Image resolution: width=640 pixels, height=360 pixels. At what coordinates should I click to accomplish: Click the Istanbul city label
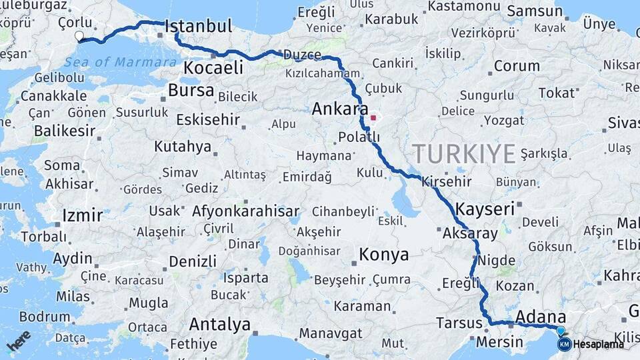[x=199, y=27]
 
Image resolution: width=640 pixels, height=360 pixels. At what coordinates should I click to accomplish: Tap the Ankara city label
[x=340, y=109]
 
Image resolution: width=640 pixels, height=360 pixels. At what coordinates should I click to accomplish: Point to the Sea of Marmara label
[x=120, y=62]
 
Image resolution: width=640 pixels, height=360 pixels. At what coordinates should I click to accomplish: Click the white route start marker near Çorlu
[x=80, y=36]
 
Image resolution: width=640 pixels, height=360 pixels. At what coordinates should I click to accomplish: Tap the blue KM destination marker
[x=564, y=344]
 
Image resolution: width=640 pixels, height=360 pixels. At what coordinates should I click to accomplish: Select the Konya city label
[x=383, y=254]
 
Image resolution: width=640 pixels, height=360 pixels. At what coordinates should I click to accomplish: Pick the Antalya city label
[x=219, y=325]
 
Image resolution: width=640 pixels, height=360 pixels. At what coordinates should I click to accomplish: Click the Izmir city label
[x=82, y=215]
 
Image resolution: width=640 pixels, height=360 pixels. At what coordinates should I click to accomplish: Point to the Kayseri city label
[x=485, y=209]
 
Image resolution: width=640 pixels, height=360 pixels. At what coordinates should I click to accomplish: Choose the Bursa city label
[x=191, y=90]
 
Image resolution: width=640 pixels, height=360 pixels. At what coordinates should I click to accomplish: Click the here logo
[x=19, y=341]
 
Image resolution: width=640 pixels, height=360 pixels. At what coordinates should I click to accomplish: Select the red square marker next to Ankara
[x=373, y=119]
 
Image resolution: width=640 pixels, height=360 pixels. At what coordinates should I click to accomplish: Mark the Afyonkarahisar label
[x=245, y=211]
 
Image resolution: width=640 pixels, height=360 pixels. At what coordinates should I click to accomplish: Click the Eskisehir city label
[x=209, y=119]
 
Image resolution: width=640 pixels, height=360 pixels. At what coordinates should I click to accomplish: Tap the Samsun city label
[x=535, y=11]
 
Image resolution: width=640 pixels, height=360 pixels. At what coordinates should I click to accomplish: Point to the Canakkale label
[x=53, y=96]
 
